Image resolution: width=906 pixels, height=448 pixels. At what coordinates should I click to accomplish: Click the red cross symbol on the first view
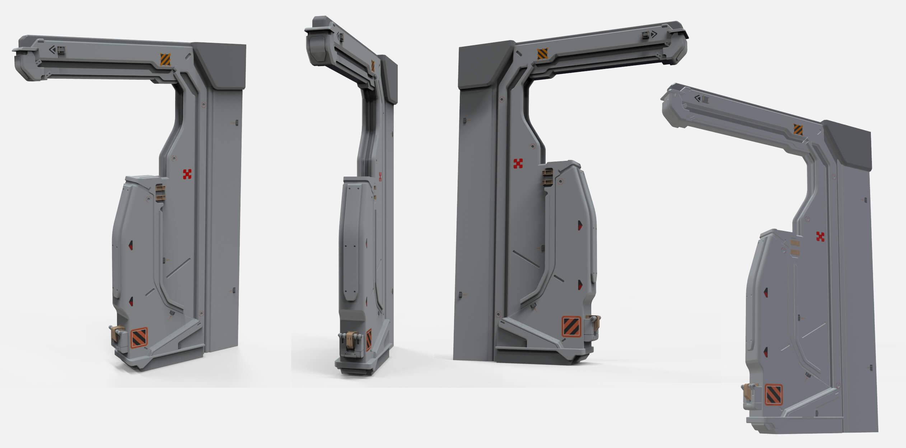(x=187, y=174)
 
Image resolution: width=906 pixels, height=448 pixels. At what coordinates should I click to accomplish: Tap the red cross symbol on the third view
(x=518, y=164)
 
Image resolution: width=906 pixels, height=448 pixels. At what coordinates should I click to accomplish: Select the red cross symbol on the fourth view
(x=820, y=237)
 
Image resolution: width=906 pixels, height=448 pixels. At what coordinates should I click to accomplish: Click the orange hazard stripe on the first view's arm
(x=165, y=60)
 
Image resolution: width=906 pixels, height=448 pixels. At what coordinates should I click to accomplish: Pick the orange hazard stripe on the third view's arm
(x=542, y=54)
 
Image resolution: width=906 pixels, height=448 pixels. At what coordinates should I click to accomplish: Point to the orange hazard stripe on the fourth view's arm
(x=798, y=130)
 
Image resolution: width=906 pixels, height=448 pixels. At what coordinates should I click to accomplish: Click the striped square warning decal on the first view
(x=139, y=338)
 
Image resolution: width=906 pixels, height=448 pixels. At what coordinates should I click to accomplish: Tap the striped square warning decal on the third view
(x=571, y=326)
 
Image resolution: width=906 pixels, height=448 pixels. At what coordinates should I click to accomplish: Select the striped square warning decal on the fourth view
(x=774, y=395)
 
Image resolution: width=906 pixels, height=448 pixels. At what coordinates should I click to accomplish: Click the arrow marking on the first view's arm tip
(x=53, y=50)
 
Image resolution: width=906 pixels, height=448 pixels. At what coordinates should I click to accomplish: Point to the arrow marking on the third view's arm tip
(x=654, y=34)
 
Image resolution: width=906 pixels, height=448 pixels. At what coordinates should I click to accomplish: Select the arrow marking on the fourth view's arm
(x=697, y=98)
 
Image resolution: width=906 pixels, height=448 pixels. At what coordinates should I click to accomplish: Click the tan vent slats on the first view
(x=160, y=193)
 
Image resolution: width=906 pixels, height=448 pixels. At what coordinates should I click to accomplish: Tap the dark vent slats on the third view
(x=547, y=177)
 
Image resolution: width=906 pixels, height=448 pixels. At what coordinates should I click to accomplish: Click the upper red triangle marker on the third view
(x=580, y=225)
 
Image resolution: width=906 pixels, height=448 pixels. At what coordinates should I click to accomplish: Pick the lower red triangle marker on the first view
(x=131, y=302)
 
